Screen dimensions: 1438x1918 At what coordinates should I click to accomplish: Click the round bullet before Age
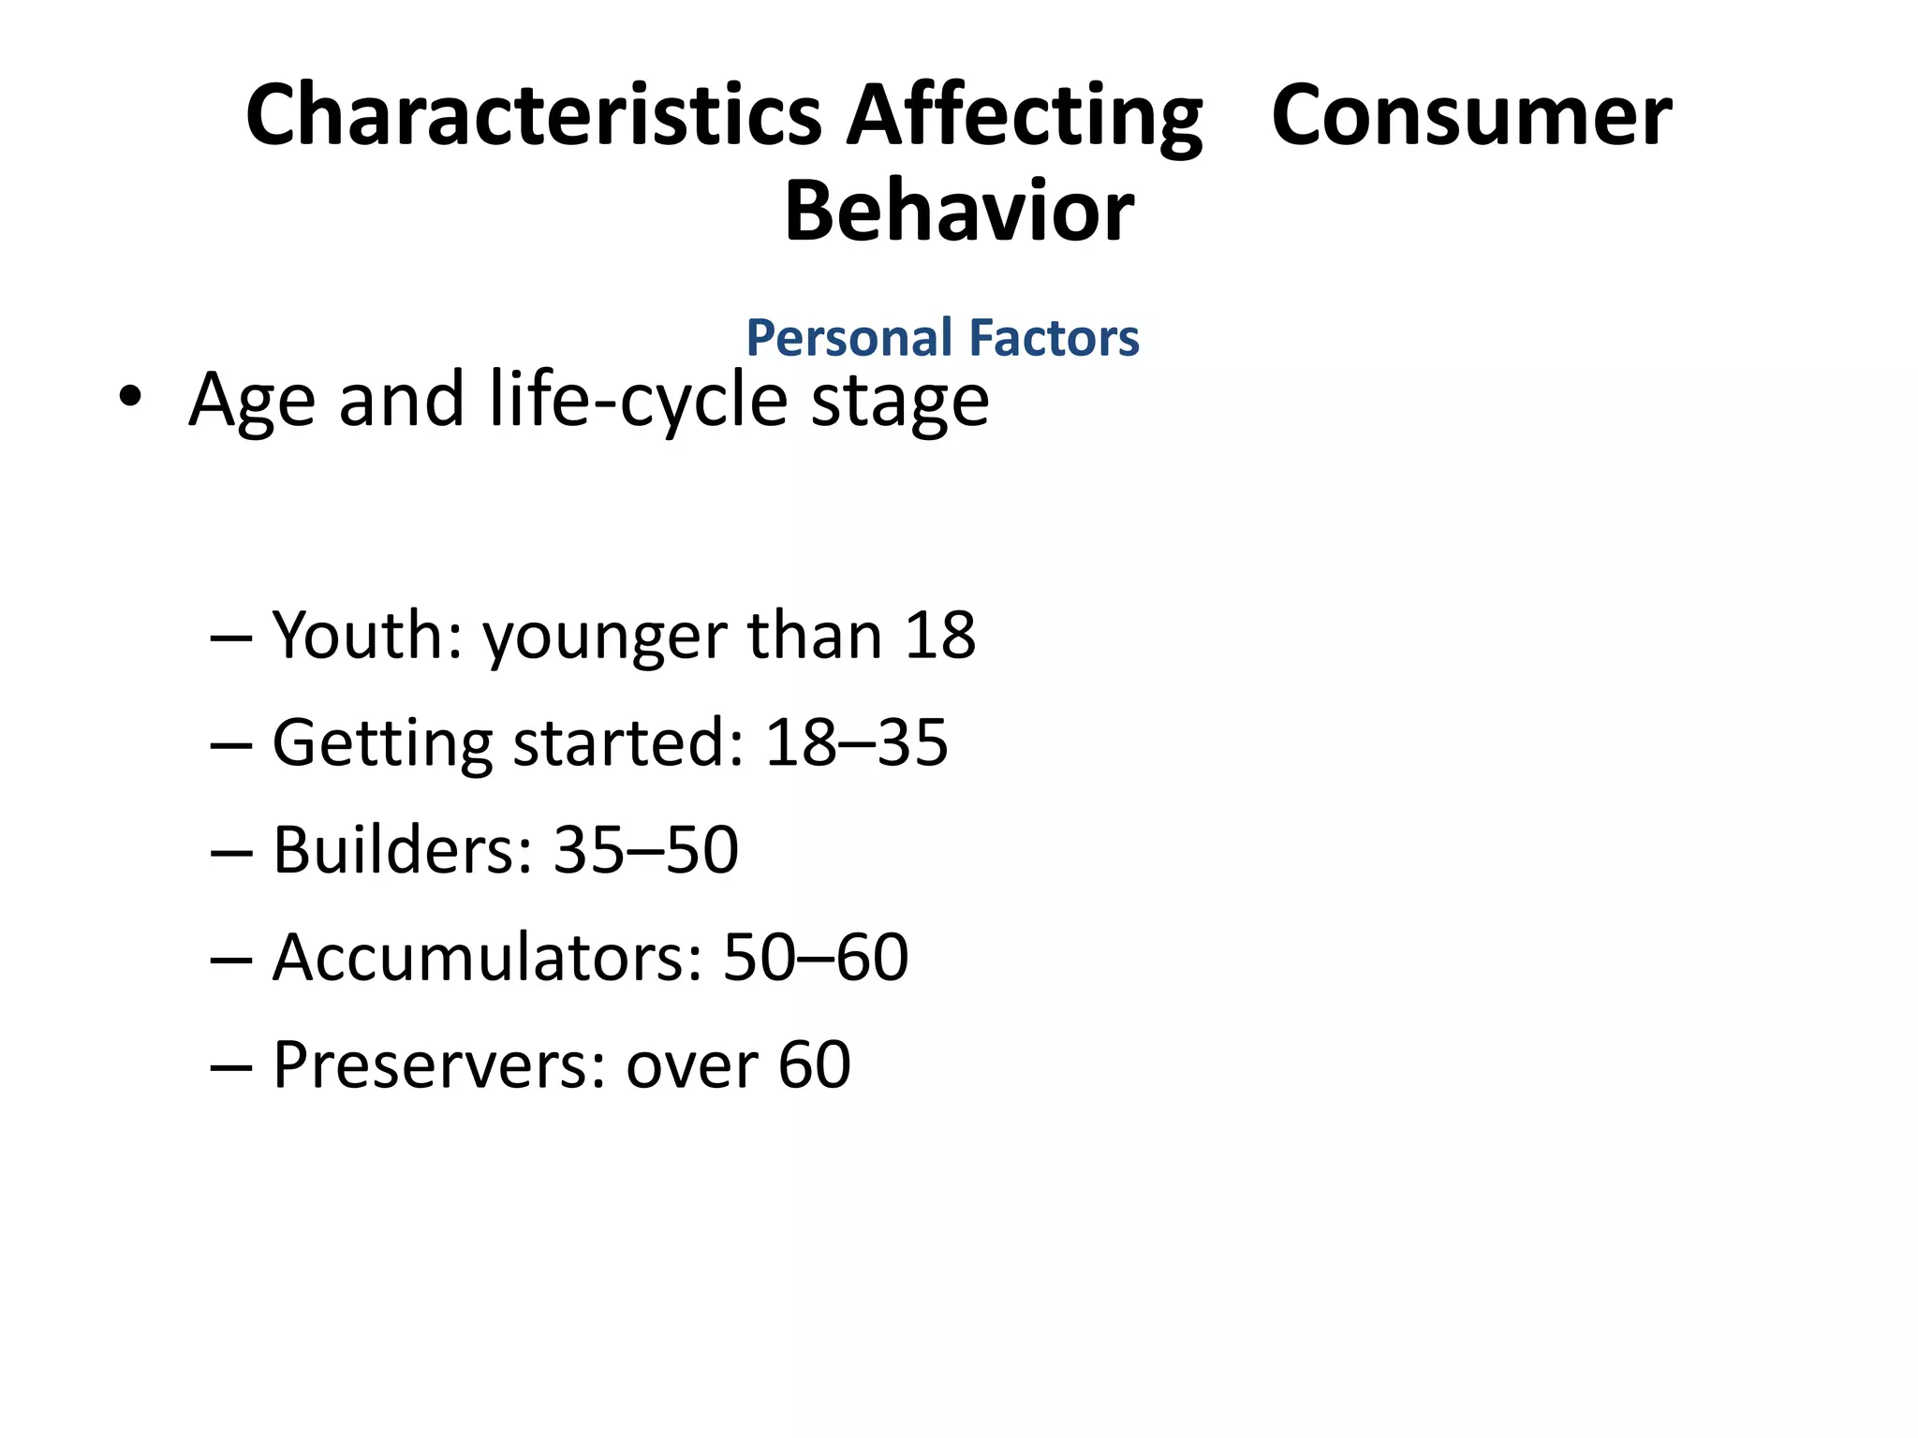130,398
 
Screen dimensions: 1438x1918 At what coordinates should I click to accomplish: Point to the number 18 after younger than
939,636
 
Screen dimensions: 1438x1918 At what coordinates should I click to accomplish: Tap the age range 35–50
645,850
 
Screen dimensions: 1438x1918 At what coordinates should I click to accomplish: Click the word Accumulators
487,958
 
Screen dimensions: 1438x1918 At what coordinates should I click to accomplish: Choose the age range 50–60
815,958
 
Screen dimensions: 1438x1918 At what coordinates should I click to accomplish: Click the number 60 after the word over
814,1065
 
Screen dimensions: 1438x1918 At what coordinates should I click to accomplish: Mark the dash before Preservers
231,1067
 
